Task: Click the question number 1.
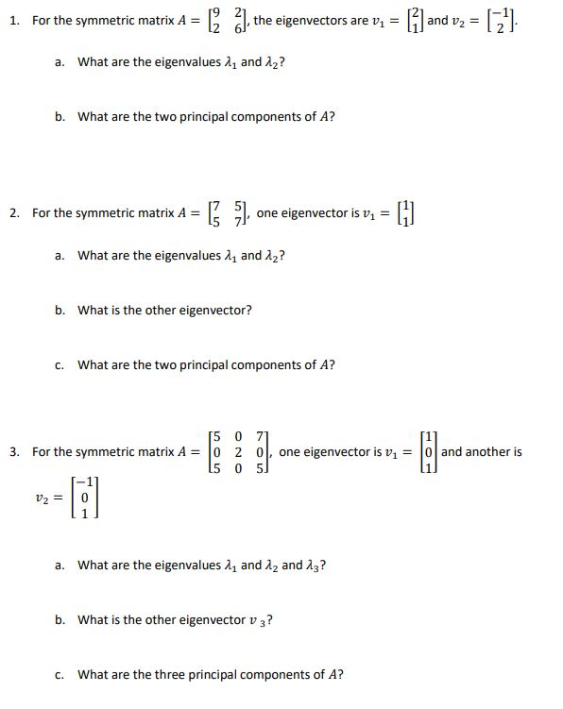coord(13,20)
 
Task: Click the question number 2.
coord(13,212)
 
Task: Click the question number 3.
coord(13,452)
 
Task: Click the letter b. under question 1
coord(60,117)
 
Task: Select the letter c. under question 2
coord(60,364)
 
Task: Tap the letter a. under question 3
coord(60,566)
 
